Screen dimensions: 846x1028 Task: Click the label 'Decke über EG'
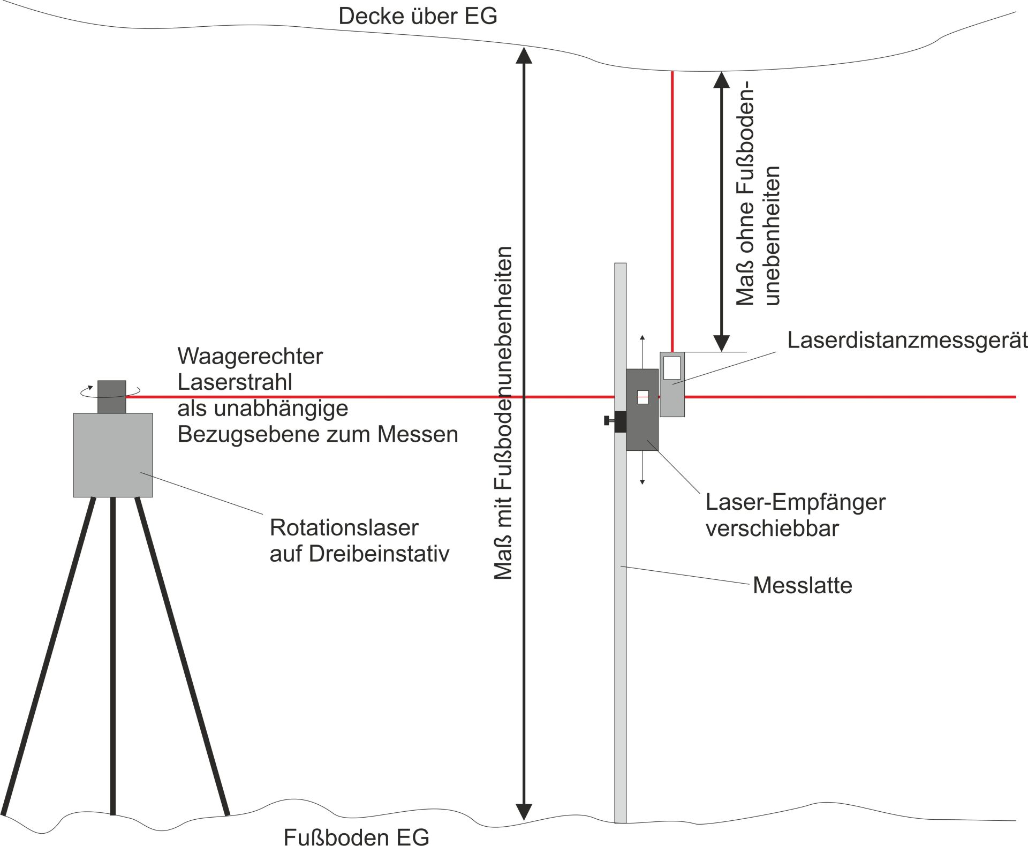coord(418,16)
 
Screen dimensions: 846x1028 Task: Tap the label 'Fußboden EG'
coord(356,837)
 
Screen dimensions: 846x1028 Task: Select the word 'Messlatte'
coord(802,585)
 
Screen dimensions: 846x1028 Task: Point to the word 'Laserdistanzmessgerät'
coord(907,340)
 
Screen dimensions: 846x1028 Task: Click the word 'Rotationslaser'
coord(344,527)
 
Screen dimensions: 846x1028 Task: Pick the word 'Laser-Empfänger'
coord(796,502)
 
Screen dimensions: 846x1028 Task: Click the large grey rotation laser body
coord(113,455)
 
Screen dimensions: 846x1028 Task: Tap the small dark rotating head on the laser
coord(112,397)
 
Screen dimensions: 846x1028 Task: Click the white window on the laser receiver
coord(642,397)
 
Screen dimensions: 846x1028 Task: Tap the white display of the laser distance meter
coord(671,367)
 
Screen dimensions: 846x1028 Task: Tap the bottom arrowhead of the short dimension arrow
coord(722,343)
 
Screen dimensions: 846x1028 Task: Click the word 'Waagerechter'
coord(250,356)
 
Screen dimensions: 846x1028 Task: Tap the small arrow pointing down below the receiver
coord(642,480)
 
